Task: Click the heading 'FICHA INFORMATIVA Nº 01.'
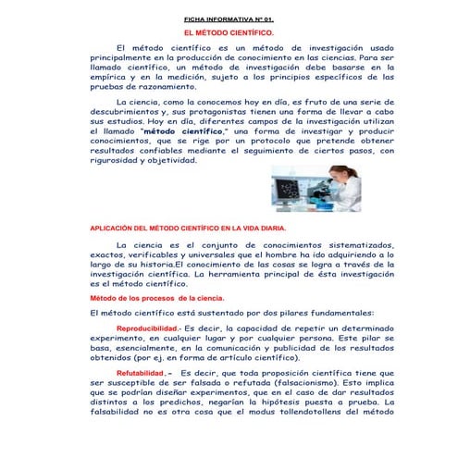tap(229, 19)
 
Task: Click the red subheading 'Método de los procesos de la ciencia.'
tap(155, 300)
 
